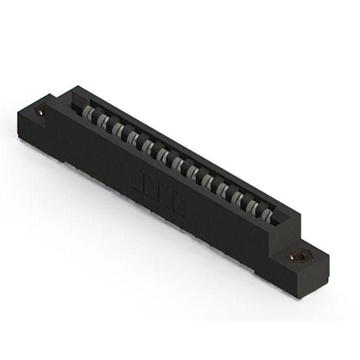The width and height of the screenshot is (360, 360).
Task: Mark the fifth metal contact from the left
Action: pyautogui.click(x=148, y=147)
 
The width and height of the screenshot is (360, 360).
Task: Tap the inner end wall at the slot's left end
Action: pyautogui.click(x=76, y=101)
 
